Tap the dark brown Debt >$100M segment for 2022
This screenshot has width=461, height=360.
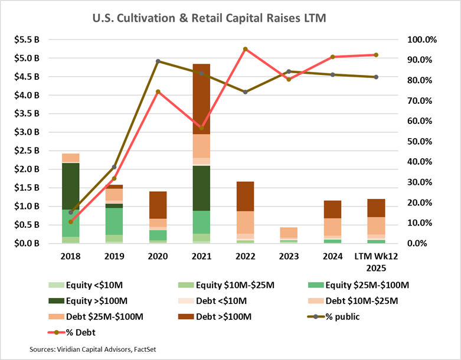pos(246,196)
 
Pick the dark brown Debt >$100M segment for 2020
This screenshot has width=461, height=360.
pos(158,205)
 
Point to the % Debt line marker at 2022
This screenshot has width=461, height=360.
pos(246,49)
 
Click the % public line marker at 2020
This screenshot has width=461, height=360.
pos(158,61)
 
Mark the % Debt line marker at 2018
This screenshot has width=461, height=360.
pos(71,222)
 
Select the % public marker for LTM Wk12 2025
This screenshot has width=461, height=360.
pos(376,77)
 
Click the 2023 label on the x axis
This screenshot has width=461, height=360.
pos(289,258)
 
